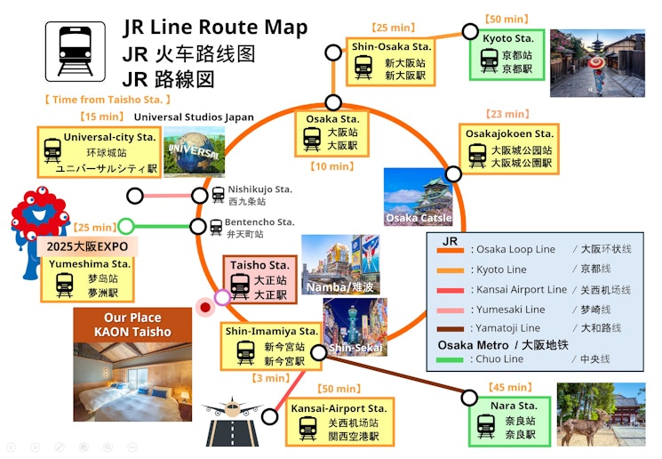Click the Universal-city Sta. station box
(x=97, y=151)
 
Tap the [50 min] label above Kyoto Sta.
(x=506, y=19)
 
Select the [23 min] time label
(x=506, y=114)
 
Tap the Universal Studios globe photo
(x=194, y=151)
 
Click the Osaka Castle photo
(x=418, y=197)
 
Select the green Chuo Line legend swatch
(x=448, y=359)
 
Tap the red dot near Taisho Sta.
(x=205, y=308)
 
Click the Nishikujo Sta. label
(x=259, y=189)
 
